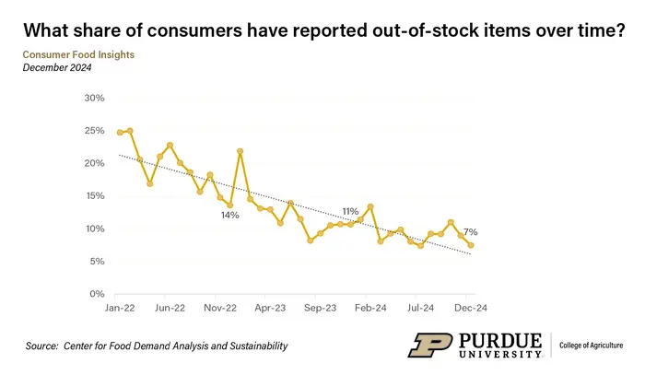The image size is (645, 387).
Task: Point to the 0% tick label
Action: click(x=96, y=294)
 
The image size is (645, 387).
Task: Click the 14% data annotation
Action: click(x=229, y=215)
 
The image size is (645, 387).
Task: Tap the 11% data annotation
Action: click(x=350, y=211)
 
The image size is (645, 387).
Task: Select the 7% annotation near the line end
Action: click(x=470, y=231)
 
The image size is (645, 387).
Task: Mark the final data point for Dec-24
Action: click(x=471, y=245)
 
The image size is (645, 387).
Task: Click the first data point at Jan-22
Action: click(x=120, y=133)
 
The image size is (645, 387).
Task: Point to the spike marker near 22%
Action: click(x=240, y=151)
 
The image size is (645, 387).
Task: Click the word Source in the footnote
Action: click(x=42, y=346)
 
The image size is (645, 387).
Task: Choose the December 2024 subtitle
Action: click(x=59, y=68)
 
